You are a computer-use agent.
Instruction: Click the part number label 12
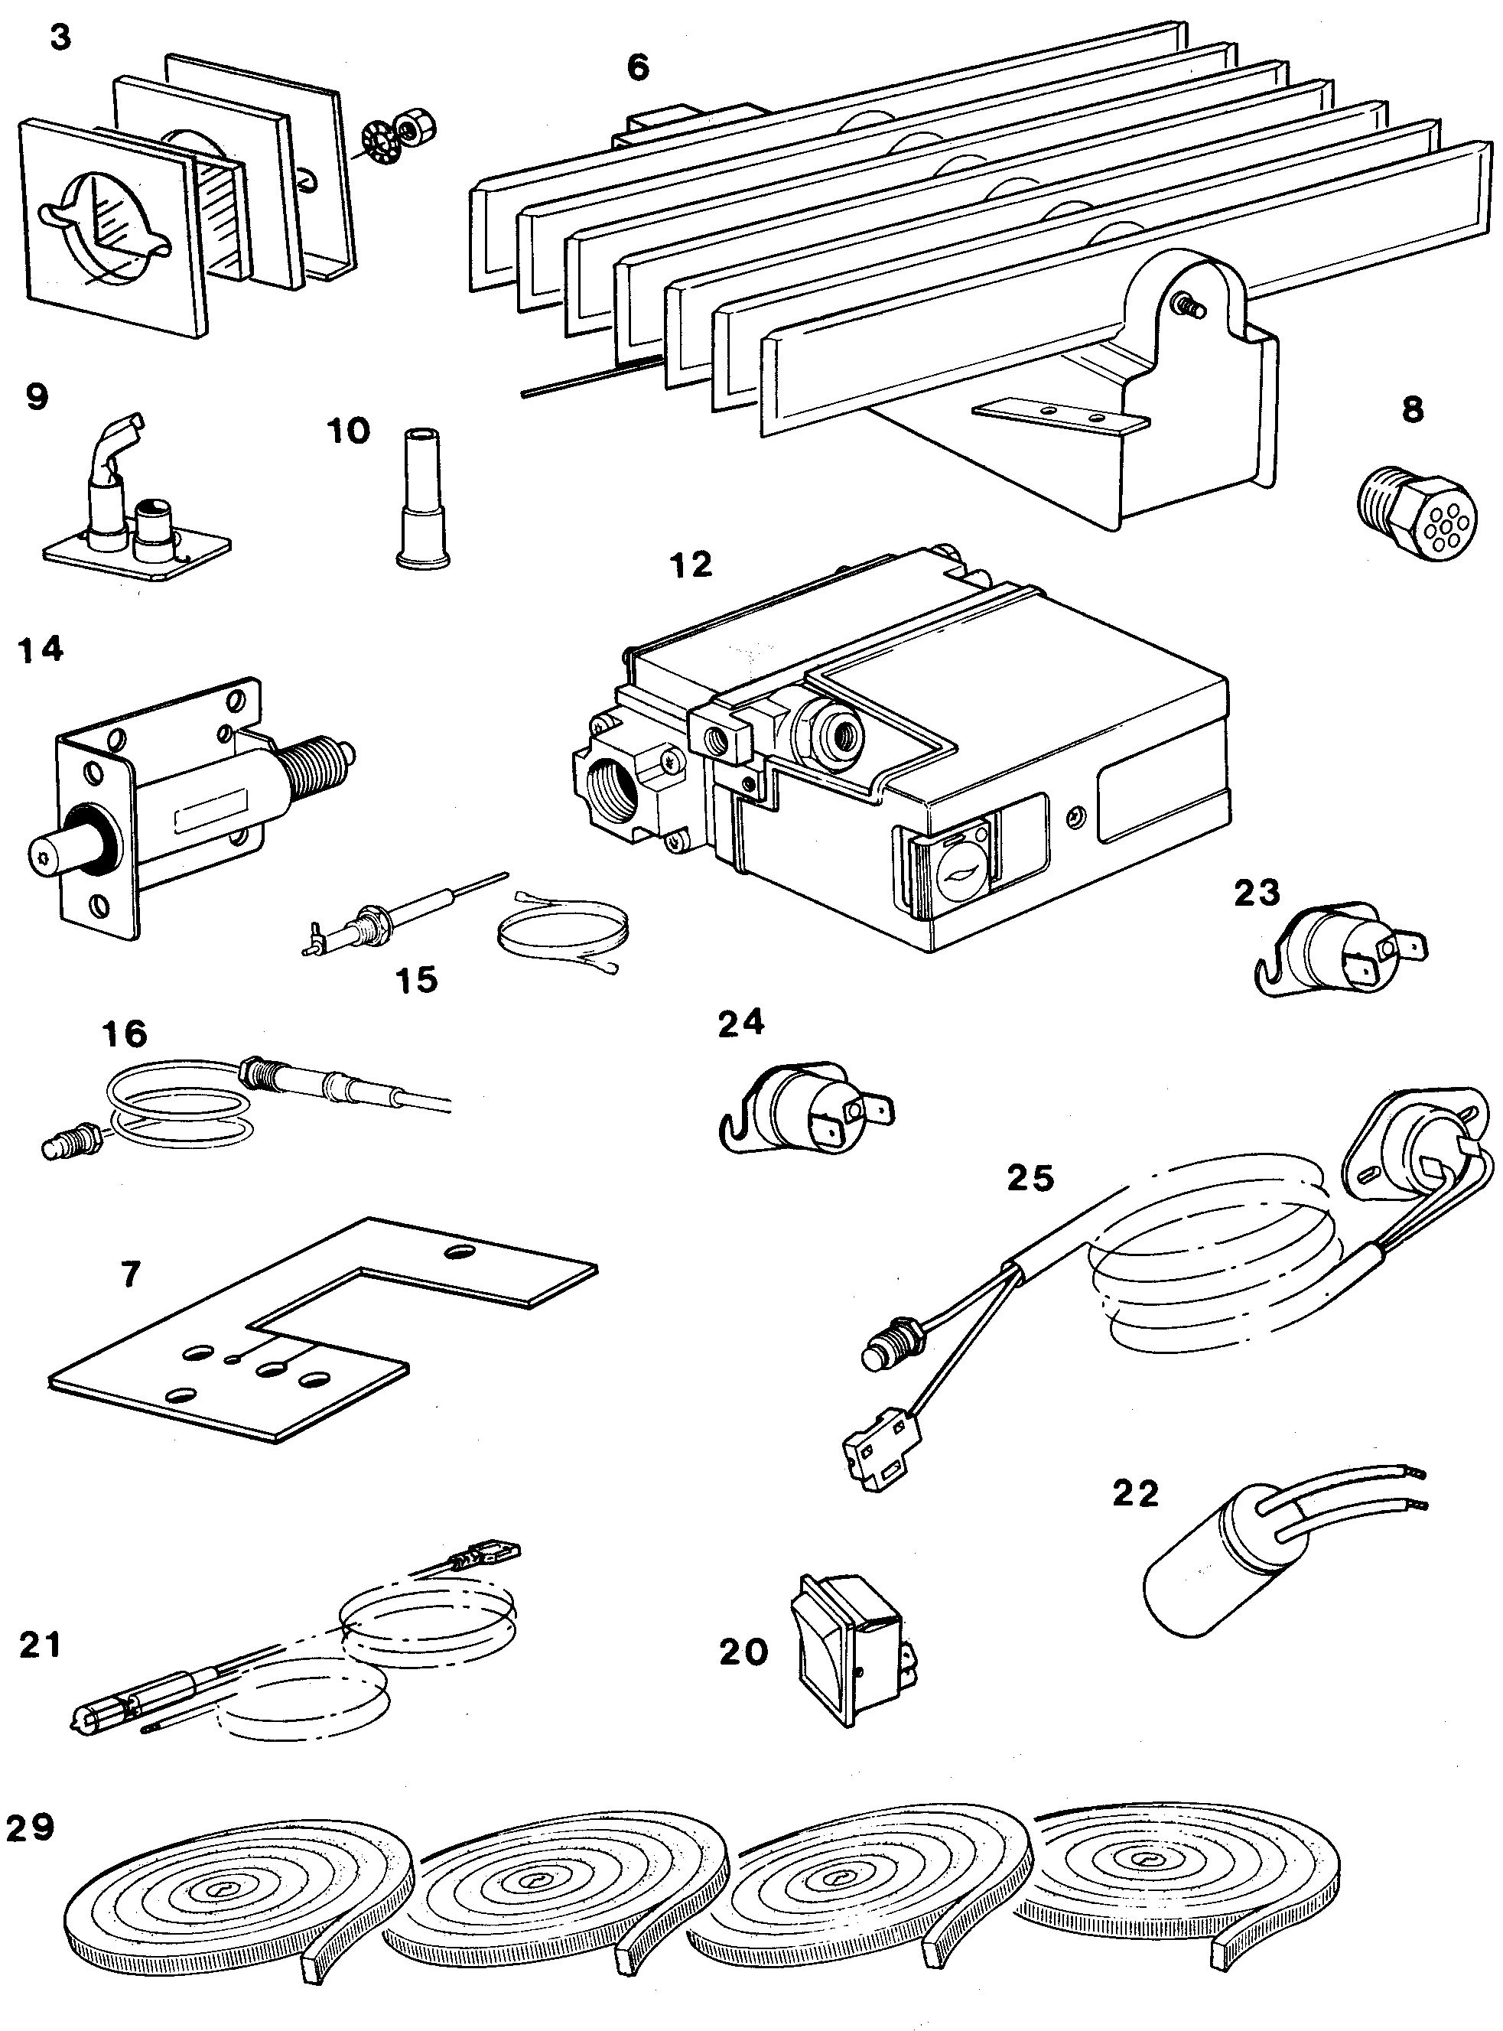point(691,565)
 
